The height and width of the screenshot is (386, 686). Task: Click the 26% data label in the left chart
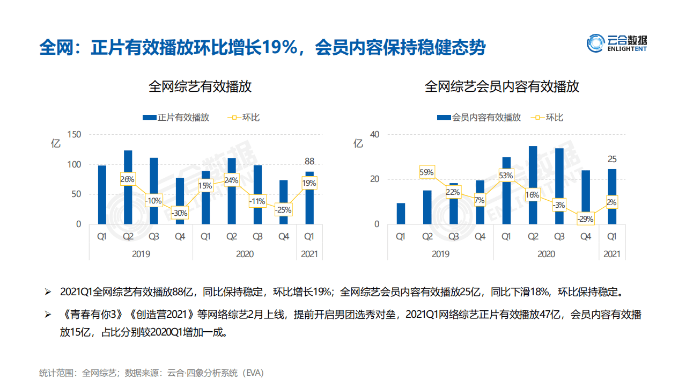point(128,179)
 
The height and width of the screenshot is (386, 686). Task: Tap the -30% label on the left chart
point(179,213)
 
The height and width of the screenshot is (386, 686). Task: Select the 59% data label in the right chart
point(427,172)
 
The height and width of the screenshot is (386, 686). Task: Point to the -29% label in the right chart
point(585,219)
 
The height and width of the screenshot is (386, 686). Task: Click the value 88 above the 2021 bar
point(309,161)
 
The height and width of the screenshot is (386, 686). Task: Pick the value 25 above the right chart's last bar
point(612,159)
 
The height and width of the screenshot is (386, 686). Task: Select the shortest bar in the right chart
point(401,213)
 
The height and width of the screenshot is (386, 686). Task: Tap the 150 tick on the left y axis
point(74,134)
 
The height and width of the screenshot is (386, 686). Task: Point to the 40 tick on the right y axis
point(375,134)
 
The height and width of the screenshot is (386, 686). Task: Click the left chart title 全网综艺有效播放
point(200,87)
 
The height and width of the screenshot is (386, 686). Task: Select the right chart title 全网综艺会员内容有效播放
point(502,87)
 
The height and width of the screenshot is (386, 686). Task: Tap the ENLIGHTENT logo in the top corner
point(617,43)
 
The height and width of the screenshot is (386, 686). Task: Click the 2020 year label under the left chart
point(245,254)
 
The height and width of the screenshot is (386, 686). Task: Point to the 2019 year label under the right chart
point(440,254)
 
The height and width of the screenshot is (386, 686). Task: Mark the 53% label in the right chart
point(506,176)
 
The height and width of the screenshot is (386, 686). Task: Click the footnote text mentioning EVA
point(152,372)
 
